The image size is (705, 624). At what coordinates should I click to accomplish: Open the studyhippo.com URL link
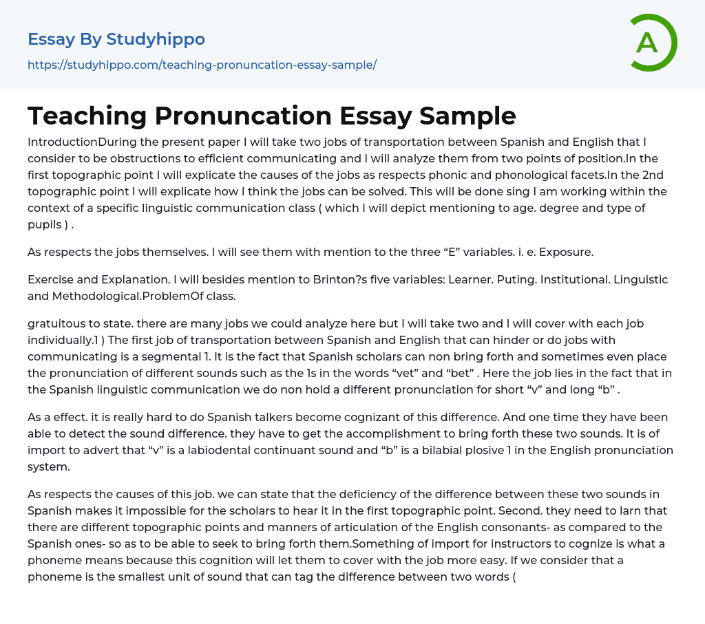[x=202, y=65]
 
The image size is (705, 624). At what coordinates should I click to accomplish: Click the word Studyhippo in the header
[x=156, y=39]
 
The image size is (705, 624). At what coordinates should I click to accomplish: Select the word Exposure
[x=565, y=252]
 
